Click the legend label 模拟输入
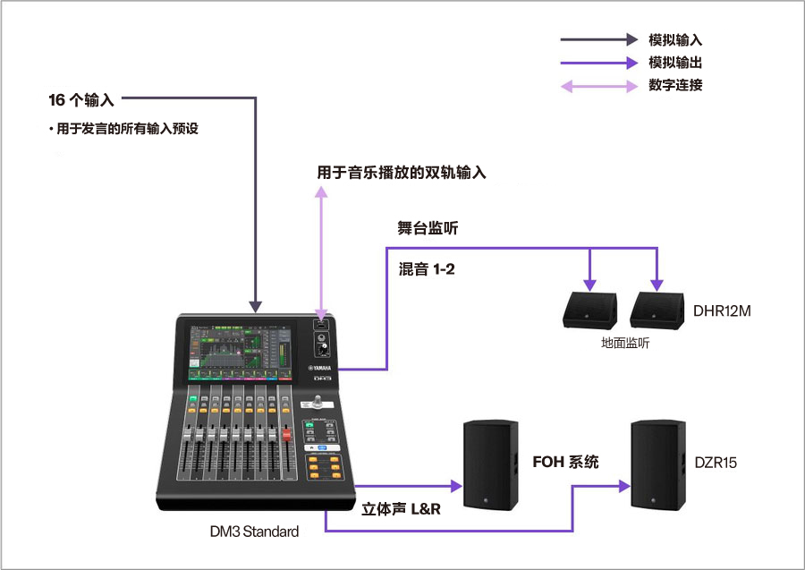tap(675, 40)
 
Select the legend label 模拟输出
tap(675, 63)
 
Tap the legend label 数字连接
tap(675, 86)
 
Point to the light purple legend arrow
tap(599, 87)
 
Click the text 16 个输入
tap(81, 98)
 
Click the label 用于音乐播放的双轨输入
tap(402, 173)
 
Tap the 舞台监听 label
tap(428, 229)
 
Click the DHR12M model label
tap(722, 311)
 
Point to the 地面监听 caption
tap(625, 344)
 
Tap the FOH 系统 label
tap(565, 463)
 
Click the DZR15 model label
tap(716, 463)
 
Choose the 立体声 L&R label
tap(402, 509)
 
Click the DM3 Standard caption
tap(254, 532)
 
